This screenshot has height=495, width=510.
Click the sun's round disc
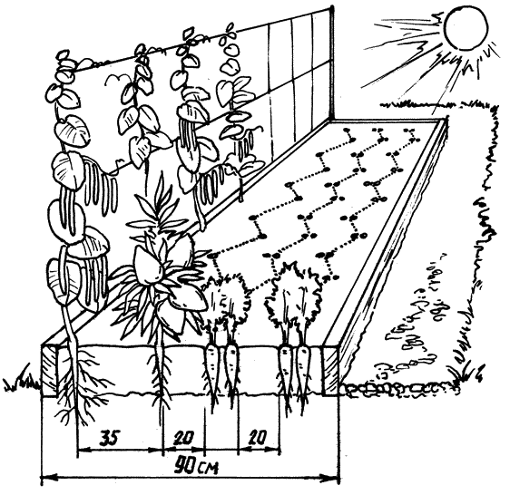click(466, 29)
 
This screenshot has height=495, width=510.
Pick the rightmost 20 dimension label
click(259, 438)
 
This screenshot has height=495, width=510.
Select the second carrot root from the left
click(232, 371)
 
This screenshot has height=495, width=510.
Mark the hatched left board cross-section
click(49, 371)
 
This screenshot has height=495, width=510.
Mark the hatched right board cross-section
click(330, 371)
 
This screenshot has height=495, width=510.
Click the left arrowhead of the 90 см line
click(45, 479)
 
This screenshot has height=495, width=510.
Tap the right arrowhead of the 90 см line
click(332, 479)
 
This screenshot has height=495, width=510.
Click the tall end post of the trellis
click(332, 63)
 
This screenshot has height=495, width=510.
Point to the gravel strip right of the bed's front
click(400, 388)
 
